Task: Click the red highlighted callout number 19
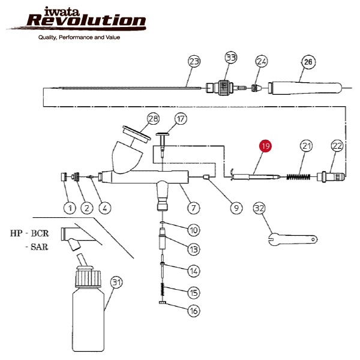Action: [266, 146]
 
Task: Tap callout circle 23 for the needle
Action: [194, 61]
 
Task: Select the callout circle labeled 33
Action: [231, 58]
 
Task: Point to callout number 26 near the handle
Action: [308, 61]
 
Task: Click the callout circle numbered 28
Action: [153, 118]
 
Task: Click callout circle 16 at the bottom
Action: [194, 311]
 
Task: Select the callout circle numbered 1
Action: [69, 208]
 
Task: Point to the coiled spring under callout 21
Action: [297, 176]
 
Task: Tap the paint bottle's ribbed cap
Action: [88, 277]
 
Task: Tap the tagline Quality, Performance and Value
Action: [79, 37]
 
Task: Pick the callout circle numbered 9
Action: [236, 208]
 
